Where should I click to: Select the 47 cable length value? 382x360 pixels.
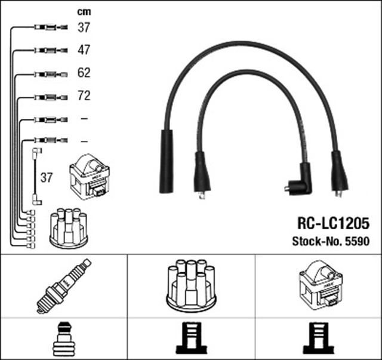pos(84,50)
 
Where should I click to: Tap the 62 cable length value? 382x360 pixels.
pos(84,73)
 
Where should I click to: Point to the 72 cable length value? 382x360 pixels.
pos(84,96)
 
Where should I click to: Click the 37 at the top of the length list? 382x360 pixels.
pos(84,27)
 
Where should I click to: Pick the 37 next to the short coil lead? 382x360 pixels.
pos(47,177)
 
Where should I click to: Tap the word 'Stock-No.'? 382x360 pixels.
pos(316,242)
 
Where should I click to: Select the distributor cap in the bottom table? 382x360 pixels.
pos(191,285)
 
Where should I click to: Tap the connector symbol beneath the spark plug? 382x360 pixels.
pos(64,339)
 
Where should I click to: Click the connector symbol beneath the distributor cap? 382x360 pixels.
pos(191,339)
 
